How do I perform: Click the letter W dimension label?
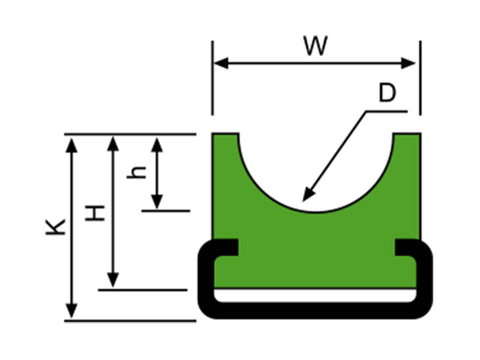coord(315,46)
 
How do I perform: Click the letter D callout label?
coord(388,94)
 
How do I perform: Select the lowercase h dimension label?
coord(139,172)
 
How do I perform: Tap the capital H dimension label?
coord(95,212)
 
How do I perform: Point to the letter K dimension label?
coord(56,226)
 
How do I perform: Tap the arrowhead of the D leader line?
coord(307,196)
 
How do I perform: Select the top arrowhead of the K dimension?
coord(71,145)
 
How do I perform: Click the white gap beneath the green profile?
coord(316,295)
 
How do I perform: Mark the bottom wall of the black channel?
coord(316,310)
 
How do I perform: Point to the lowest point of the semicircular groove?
coord(316,211)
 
